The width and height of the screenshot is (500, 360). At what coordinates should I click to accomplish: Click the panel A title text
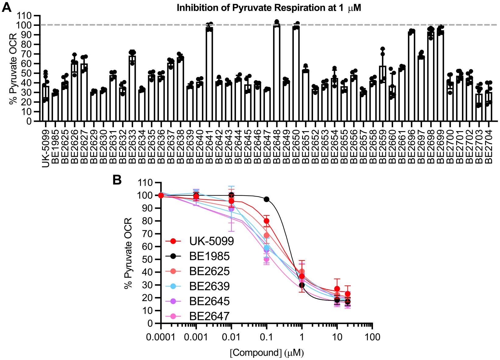(269, 8)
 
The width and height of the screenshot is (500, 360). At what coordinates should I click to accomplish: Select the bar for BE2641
(209, 75)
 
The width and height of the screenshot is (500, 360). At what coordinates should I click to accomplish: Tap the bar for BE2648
(276, 73)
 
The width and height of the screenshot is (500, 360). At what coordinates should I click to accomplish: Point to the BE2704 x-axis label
(488, 144)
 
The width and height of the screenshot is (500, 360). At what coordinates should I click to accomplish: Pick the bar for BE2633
(132, 88)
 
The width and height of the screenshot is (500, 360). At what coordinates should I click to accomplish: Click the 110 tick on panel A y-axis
(25, 16)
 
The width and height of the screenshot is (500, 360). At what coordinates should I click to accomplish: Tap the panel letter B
(117, 180)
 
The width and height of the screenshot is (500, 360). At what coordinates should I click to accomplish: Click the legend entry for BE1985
(209, 256)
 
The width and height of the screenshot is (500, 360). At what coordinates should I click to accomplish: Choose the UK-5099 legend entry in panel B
(211, 241)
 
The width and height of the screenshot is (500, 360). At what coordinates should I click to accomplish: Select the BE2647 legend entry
(209, 317)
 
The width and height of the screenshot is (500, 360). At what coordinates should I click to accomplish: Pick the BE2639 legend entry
(209, 286)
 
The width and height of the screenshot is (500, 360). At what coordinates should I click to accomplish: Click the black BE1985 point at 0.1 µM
(266, 199)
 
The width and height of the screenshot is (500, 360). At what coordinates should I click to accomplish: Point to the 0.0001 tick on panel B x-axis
(161, 337)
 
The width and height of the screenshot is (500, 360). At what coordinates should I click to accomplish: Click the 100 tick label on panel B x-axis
(372, 337)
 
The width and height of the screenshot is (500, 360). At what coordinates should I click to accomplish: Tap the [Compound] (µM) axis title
(267, 353)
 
